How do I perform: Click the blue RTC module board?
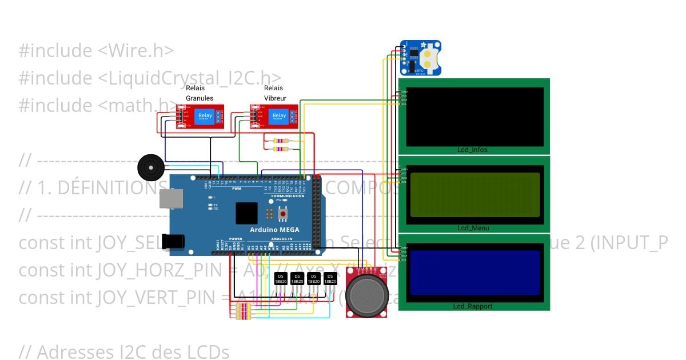click(x=421, y=57)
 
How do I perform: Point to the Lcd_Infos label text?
click(x=472, y=150)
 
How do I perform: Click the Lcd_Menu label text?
click(x=473, y=228)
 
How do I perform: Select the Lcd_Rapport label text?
click(x=473, y=306)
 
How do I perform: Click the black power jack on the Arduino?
click(x=173, y=242)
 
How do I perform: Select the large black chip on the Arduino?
click(x=246, y=213)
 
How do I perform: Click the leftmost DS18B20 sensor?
click(x=281, y=279)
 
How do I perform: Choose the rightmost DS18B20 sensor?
click(x=329, y=279)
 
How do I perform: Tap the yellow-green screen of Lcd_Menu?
click(x=474, y=194)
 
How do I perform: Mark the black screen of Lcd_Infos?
click(x=474, y=117)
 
